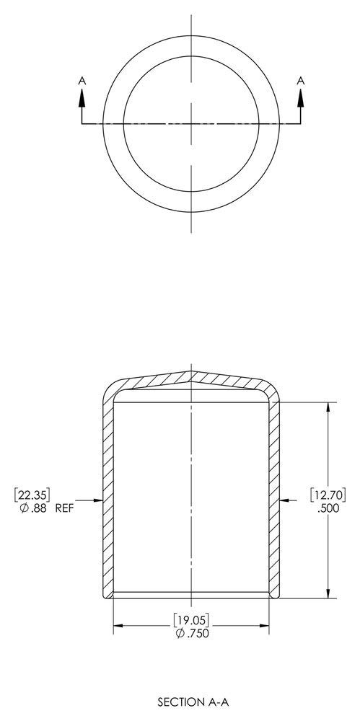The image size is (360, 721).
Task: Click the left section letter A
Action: point(82,81)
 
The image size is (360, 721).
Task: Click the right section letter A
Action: point(301,81)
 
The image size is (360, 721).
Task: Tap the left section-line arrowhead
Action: point(82,97)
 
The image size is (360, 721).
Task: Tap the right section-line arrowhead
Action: point(301,97)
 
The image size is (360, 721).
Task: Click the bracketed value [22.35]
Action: point(32,495)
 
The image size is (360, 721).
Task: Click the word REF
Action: point(64,508)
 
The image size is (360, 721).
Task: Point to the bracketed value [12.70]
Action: point(328,495)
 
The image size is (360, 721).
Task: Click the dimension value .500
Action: point(328,508)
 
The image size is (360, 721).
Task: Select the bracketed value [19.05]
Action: point(191,620)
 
